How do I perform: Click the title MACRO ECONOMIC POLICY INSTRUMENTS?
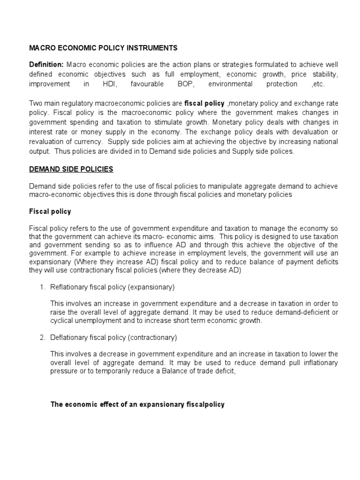point(103,48)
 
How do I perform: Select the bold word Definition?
point(46,64)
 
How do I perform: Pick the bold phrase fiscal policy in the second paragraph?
point(204,103)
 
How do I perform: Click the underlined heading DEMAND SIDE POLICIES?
point(71,169)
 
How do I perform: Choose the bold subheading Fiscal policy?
point(50,211)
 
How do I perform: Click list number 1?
point(42,287)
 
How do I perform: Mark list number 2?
point(42,337)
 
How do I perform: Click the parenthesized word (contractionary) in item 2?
point(152,337)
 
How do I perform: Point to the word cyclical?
point(63,321)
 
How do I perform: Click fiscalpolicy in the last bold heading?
point(203,404)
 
